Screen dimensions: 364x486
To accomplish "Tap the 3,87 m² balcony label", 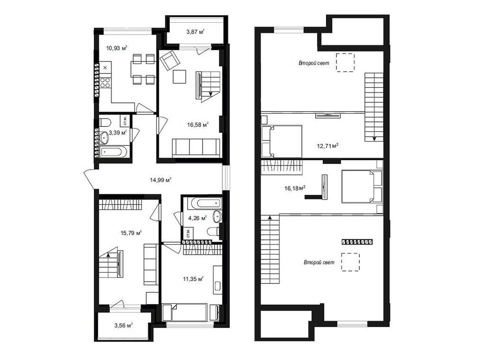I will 195,32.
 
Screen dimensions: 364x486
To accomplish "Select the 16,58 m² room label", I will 198,125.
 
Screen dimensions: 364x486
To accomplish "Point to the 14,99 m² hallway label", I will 161,180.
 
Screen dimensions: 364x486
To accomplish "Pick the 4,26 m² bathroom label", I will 197,218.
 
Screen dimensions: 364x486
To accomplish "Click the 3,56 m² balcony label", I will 122,325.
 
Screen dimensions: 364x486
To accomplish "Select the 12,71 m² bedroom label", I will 327,146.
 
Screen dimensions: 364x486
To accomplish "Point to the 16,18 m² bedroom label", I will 295,188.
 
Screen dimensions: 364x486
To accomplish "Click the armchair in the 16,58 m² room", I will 168,60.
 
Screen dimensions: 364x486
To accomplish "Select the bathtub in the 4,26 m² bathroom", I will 199,204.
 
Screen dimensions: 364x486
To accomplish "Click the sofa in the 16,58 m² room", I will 196,147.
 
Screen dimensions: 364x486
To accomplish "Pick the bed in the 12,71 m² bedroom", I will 283,141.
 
